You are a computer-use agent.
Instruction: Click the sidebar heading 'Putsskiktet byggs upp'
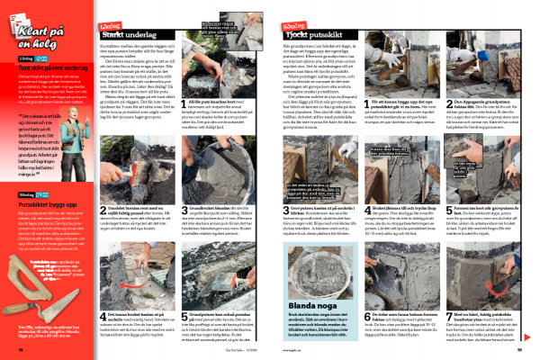pyautogui.click(x=46, y=203)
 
